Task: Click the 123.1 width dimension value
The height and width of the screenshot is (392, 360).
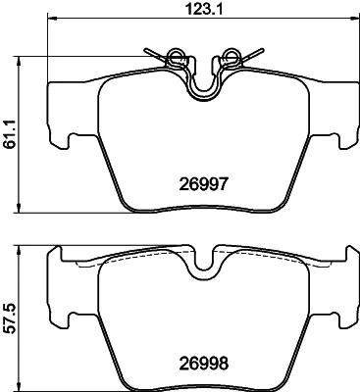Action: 203,9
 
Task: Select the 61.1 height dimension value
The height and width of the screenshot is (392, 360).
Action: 10,134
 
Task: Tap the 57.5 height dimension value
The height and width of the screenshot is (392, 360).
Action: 10,318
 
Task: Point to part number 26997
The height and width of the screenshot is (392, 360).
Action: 203,185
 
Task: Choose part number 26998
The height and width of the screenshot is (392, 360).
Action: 203,364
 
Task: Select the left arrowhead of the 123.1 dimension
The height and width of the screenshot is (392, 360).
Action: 52,18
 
